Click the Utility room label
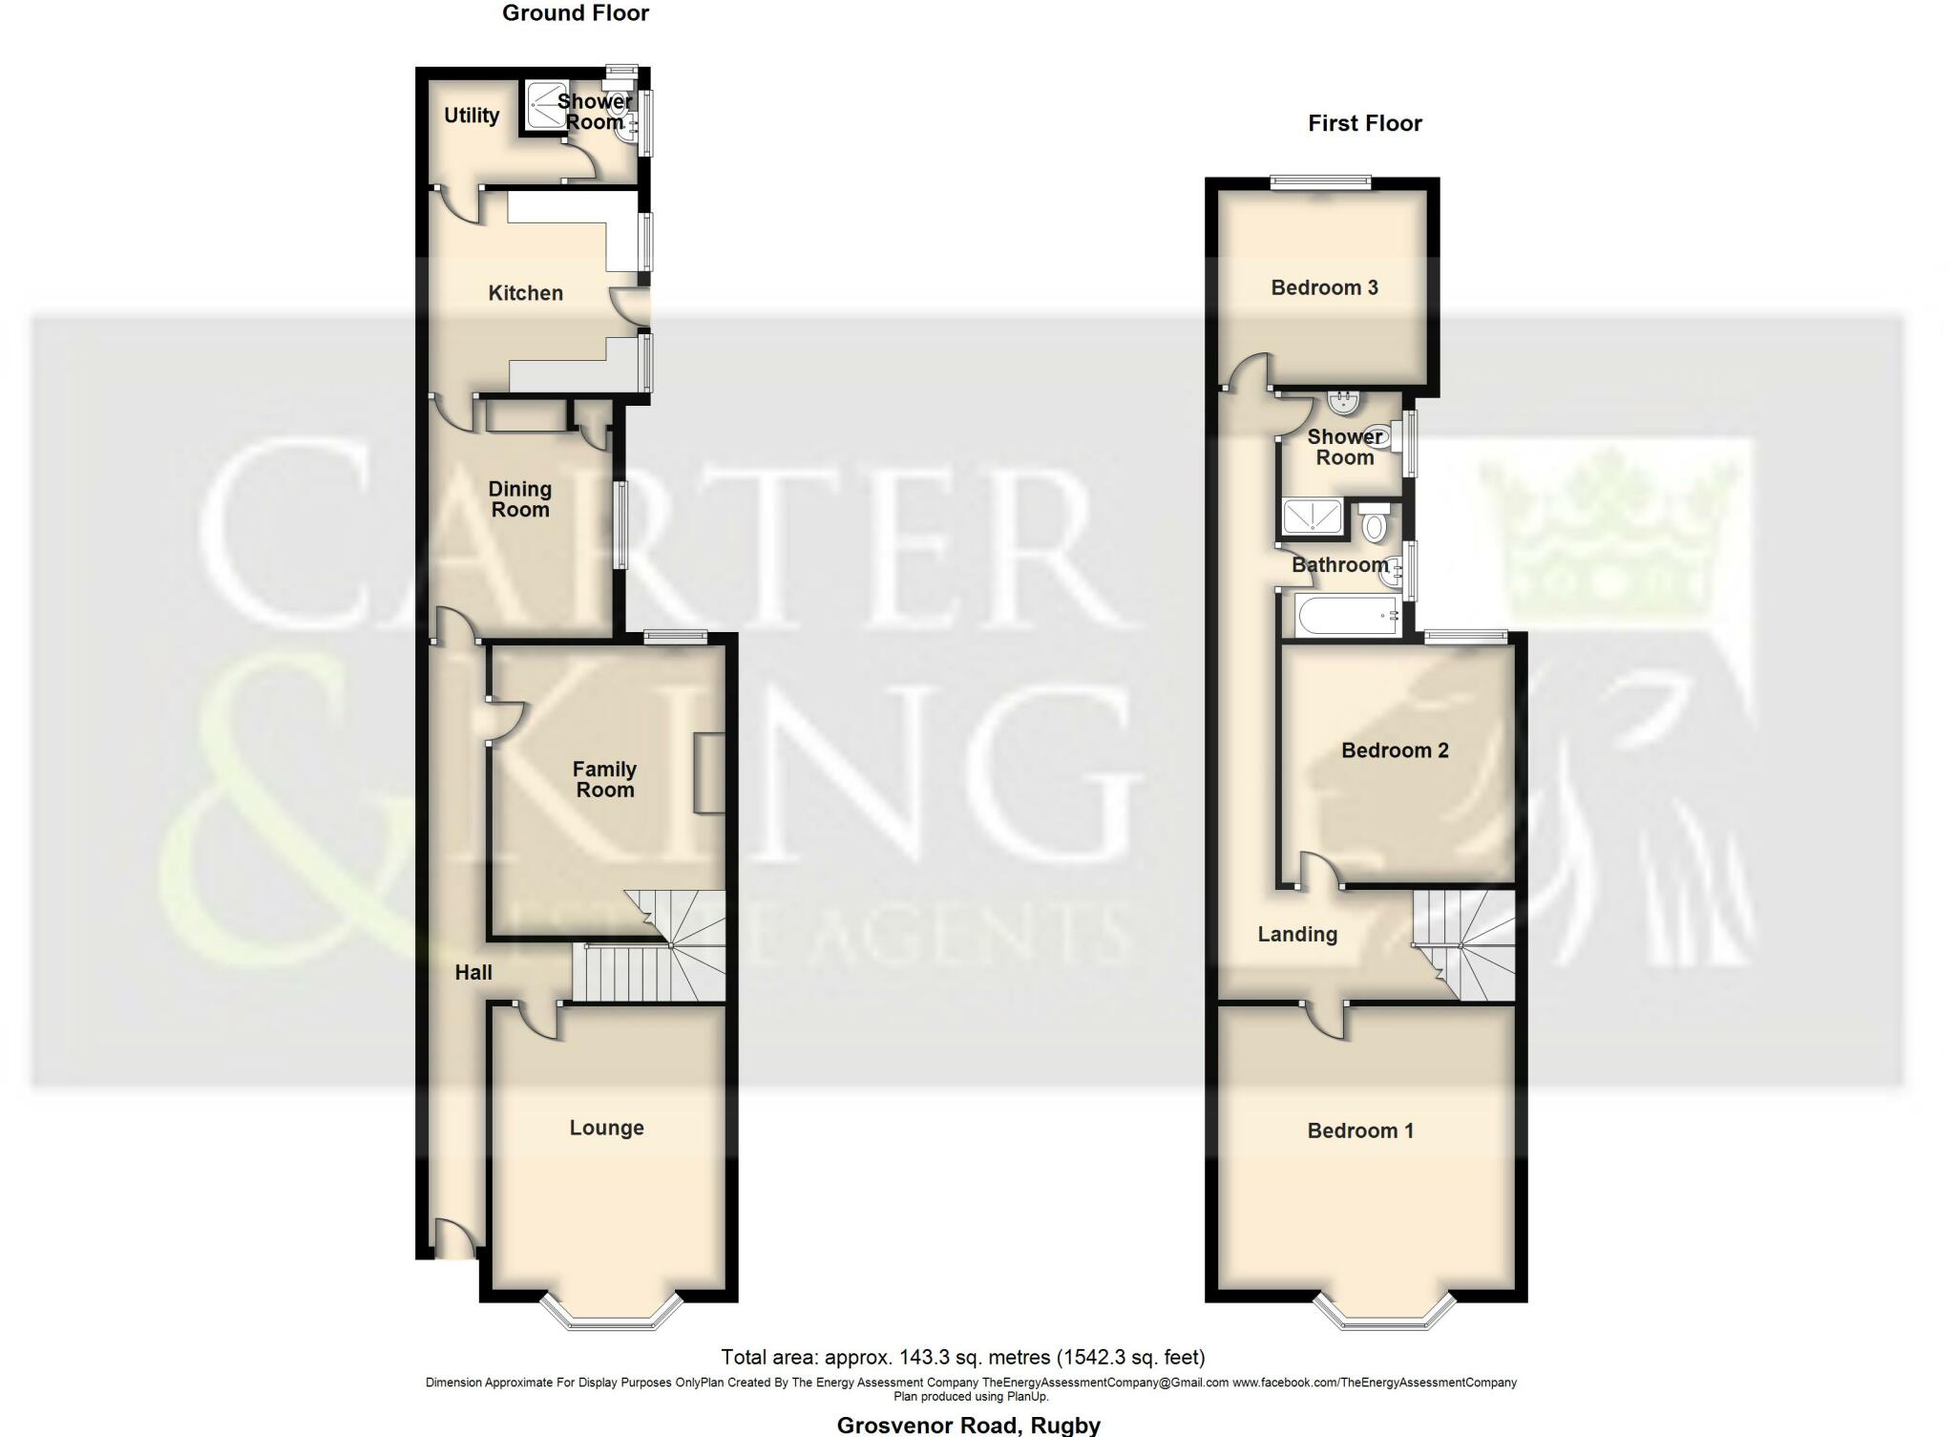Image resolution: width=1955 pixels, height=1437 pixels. (472, 116)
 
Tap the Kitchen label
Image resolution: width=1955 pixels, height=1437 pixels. (525, 293)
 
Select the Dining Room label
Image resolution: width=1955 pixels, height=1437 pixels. (519, 499)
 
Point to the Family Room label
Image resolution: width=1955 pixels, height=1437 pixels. (604, 779)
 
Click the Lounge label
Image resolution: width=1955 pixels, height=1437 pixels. (606, 1128)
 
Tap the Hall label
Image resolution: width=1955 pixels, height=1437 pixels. (473, 972)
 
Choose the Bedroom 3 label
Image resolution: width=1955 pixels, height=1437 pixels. (1324, 287)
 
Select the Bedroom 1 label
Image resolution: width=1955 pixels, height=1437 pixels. (1360, 1131)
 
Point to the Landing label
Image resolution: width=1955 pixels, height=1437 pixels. (1297, 934)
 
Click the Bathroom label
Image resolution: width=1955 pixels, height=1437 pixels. (1339, 564)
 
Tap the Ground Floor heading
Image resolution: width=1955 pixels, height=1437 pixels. (576, 13)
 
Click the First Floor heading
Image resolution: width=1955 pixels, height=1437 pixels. (1364, 123)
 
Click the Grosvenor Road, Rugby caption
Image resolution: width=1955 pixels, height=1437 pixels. (968, 1426)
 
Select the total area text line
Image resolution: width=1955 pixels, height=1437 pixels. (962, 1357)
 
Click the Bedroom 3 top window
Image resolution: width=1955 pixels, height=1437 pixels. (1320, 182)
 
